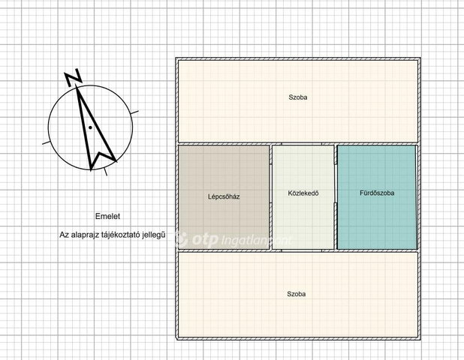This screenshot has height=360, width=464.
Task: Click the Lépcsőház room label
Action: tap(224, 196)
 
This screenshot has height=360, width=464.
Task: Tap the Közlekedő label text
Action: tap(303, 193)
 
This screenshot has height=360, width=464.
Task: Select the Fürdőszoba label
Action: tap(377, 193)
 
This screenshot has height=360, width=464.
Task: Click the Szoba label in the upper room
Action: tap(297, 97)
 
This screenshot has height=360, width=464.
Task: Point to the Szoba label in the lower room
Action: tap(297, 294)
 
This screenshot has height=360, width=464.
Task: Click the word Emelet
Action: tap(107, 216)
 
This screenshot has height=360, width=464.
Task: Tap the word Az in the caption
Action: tap(65, 235)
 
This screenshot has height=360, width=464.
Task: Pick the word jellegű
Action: tap(154, 235)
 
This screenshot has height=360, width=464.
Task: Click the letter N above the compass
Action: tap(73, 77)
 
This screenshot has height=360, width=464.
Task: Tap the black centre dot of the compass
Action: tap(90, 127)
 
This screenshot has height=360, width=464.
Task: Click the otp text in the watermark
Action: tap(205, 239)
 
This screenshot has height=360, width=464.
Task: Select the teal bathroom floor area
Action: tap(376, 197)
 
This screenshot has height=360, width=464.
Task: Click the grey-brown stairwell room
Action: tap(224, 197)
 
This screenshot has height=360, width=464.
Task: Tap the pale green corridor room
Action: tap(303, 197)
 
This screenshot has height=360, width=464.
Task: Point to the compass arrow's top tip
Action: tap(77, 85)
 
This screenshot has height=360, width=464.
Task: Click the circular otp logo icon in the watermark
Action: tap(180, 239)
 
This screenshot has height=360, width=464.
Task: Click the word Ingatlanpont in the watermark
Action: tap(256, 241)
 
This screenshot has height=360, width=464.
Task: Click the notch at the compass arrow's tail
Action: tap(100, 154)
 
